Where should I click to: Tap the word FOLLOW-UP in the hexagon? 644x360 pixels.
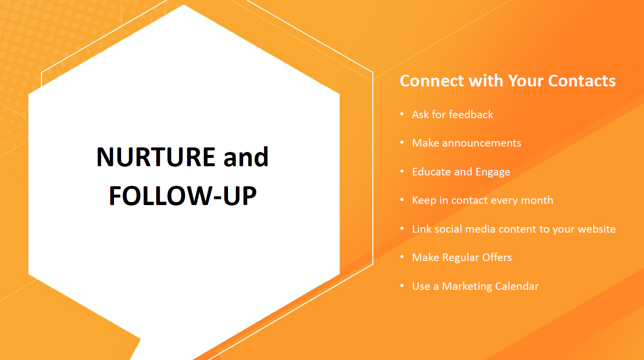183,195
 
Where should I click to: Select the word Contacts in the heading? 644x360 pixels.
582,81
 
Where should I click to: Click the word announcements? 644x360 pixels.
482,143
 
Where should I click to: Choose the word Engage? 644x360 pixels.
493,172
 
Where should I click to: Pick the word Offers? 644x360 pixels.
497,257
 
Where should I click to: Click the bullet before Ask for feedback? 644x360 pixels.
402,114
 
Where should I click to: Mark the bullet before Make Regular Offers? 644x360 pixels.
402,257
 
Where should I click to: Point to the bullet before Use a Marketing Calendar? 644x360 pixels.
402,286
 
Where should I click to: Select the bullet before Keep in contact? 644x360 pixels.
402,200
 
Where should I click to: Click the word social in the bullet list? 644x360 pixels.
448,229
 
